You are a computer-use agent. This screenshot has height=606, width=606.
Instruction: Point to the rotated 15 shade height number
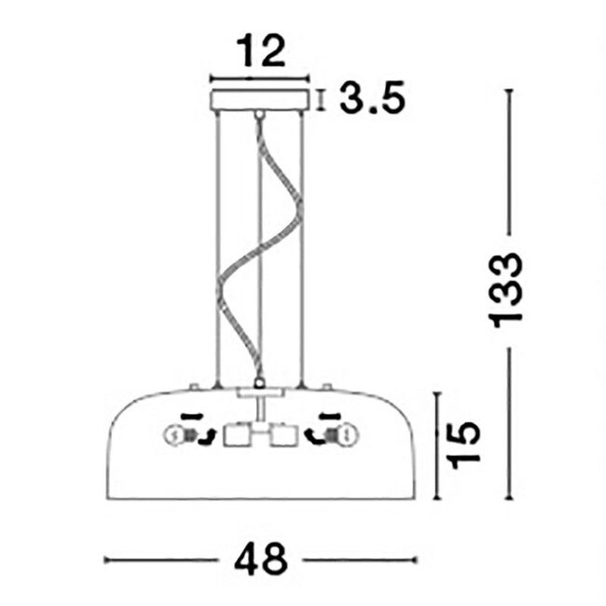coord(464,445)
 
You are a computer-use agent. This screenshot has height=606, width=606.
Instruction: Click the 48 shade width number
coord(261,559)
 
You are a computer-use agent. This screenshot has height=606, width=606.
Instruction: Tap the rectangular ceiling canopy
coord(260,99)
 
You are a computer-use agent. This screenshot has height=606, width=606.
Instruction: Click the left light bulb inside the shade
coord(174,434)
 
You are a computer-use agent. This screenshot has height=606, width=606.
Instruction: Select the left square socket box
coord(237,435)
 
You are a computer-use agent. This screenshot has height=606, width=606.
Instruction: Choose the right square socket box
coord(282,435)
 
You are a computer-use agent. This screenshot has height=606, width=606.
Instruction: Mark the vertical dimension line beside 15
coord(437,445)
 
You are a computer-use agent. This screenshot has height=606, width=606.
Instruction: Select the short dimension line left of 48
coord(163,560)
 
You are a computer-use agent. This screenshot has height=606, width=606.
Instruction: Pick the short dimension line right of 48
coord(360,560)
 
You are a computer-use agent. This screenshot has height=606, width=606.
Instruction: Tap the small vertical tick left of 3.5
coord(322,99)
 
